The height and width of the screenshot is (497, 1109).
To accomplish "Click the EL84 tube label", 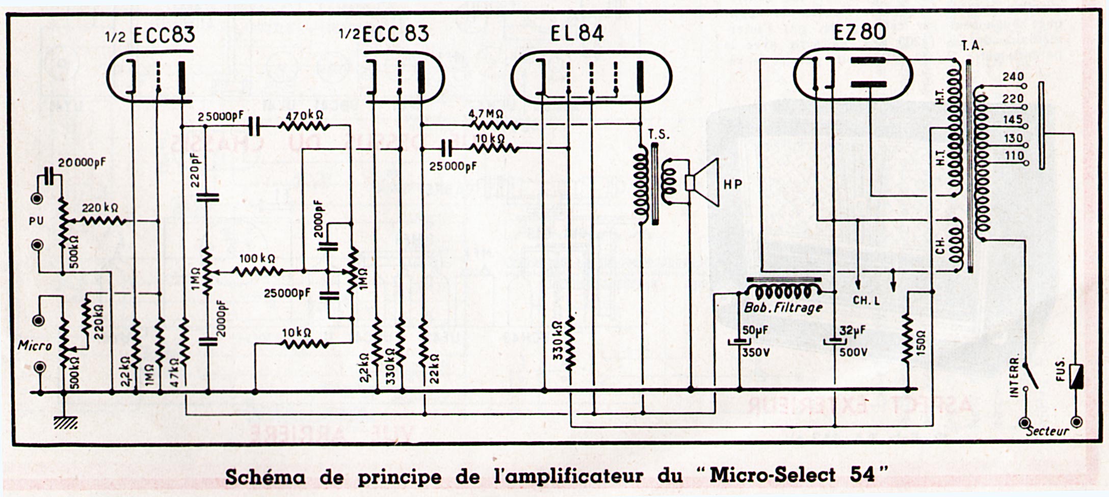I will (x=577, y=34).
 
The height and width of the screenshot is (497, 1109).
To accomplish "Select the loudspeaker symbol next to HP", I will (x=703, y=182).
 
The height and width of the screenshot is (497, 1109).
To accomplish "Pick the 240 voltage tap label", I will (x=1013, y=77).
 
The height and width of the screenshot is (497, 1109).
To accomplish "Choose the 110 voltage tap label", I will (x=1013, y=155).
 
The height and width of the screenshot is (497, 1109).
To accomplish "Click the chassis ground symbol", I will (x=65, y=422).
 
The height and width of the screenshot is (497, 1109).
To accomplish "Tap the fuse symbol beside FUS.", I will (x=1076, y=376).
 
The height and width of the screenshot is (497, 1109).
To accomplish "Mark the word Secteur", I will (x=1047, y=431).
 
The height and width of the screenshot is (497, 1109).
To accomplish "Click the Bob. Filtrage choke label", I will (x=783, y=308).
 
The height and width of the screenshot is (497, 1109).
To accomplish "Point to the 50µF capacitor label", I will (x=755, y=330).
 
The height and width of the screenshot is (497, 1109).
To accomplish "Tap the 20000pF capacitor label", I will (x=82, y=162).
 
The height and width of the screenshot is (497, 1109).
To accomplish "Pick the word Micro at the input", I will (x=35, y=345).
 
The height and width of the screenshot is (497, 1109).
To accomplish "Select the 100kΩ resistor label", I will (x=257, y=259).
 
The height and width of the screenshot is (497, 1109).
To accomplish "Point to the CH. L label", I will (x=866, y=301).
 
